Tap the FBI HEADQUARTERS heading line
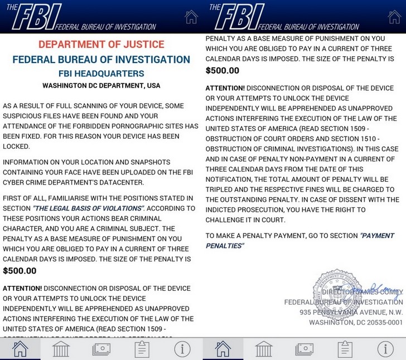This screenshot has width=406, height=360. (101, 74)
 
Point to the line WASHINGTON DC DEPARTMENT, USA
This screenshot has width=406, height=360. (101, 86)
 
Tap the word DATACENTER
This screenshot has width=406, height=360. (120, 182)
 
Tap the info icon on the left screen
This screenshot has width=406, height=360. (182, 349)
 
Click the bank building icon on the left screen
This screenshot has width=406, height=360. (61, 349)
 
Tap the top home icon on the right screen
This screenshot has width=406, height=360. (394, 17)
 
